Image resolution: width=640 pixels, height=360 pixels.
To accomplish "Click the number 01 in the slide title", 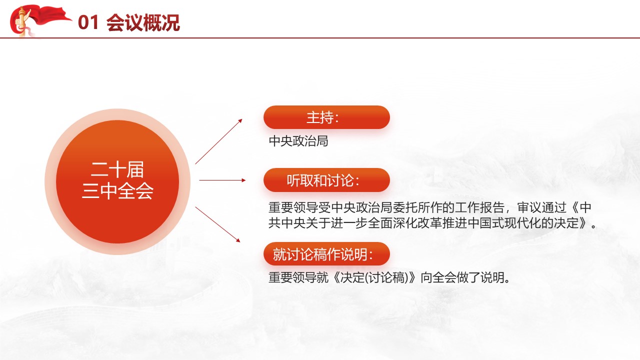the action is point(88,22).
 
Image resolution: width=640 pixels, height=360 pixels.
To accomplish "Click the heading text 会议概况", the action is point(143,22).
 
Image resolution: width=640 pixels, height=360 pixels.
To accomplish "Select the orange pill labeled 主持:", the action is point(326,117).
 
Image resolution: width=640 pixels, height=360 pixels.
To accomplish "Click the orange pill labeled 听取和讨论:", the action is point(326,180).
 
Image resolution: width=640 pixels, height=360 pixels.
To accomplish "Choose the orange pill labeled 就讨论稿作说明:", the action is point(326,253).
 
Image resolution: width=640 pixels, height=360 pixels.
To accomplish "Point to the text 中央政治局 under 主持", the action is point(298,141).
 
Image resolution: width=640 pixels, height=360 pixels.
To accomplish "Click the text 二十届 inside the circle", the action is point(117,169).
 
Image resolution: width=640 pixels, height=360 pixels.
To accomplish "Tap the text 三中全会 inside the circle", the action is point(117,190).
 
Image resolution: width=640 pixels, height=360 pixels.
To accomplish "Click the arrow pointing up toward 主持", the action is point(218,141).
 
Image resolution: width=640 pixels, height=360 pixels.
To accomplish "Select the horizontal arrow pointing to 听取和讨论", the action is point(222,180).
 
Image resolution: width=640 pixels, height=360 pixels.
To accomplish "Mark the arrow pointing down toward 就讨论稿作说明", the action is point(217,224).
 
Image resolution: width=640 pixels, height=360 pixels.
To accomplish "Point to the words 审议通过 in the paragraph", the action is point(542,207).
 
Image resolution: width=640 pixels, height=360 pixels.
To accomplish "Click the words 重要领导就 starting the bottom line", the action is point(298,277).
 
